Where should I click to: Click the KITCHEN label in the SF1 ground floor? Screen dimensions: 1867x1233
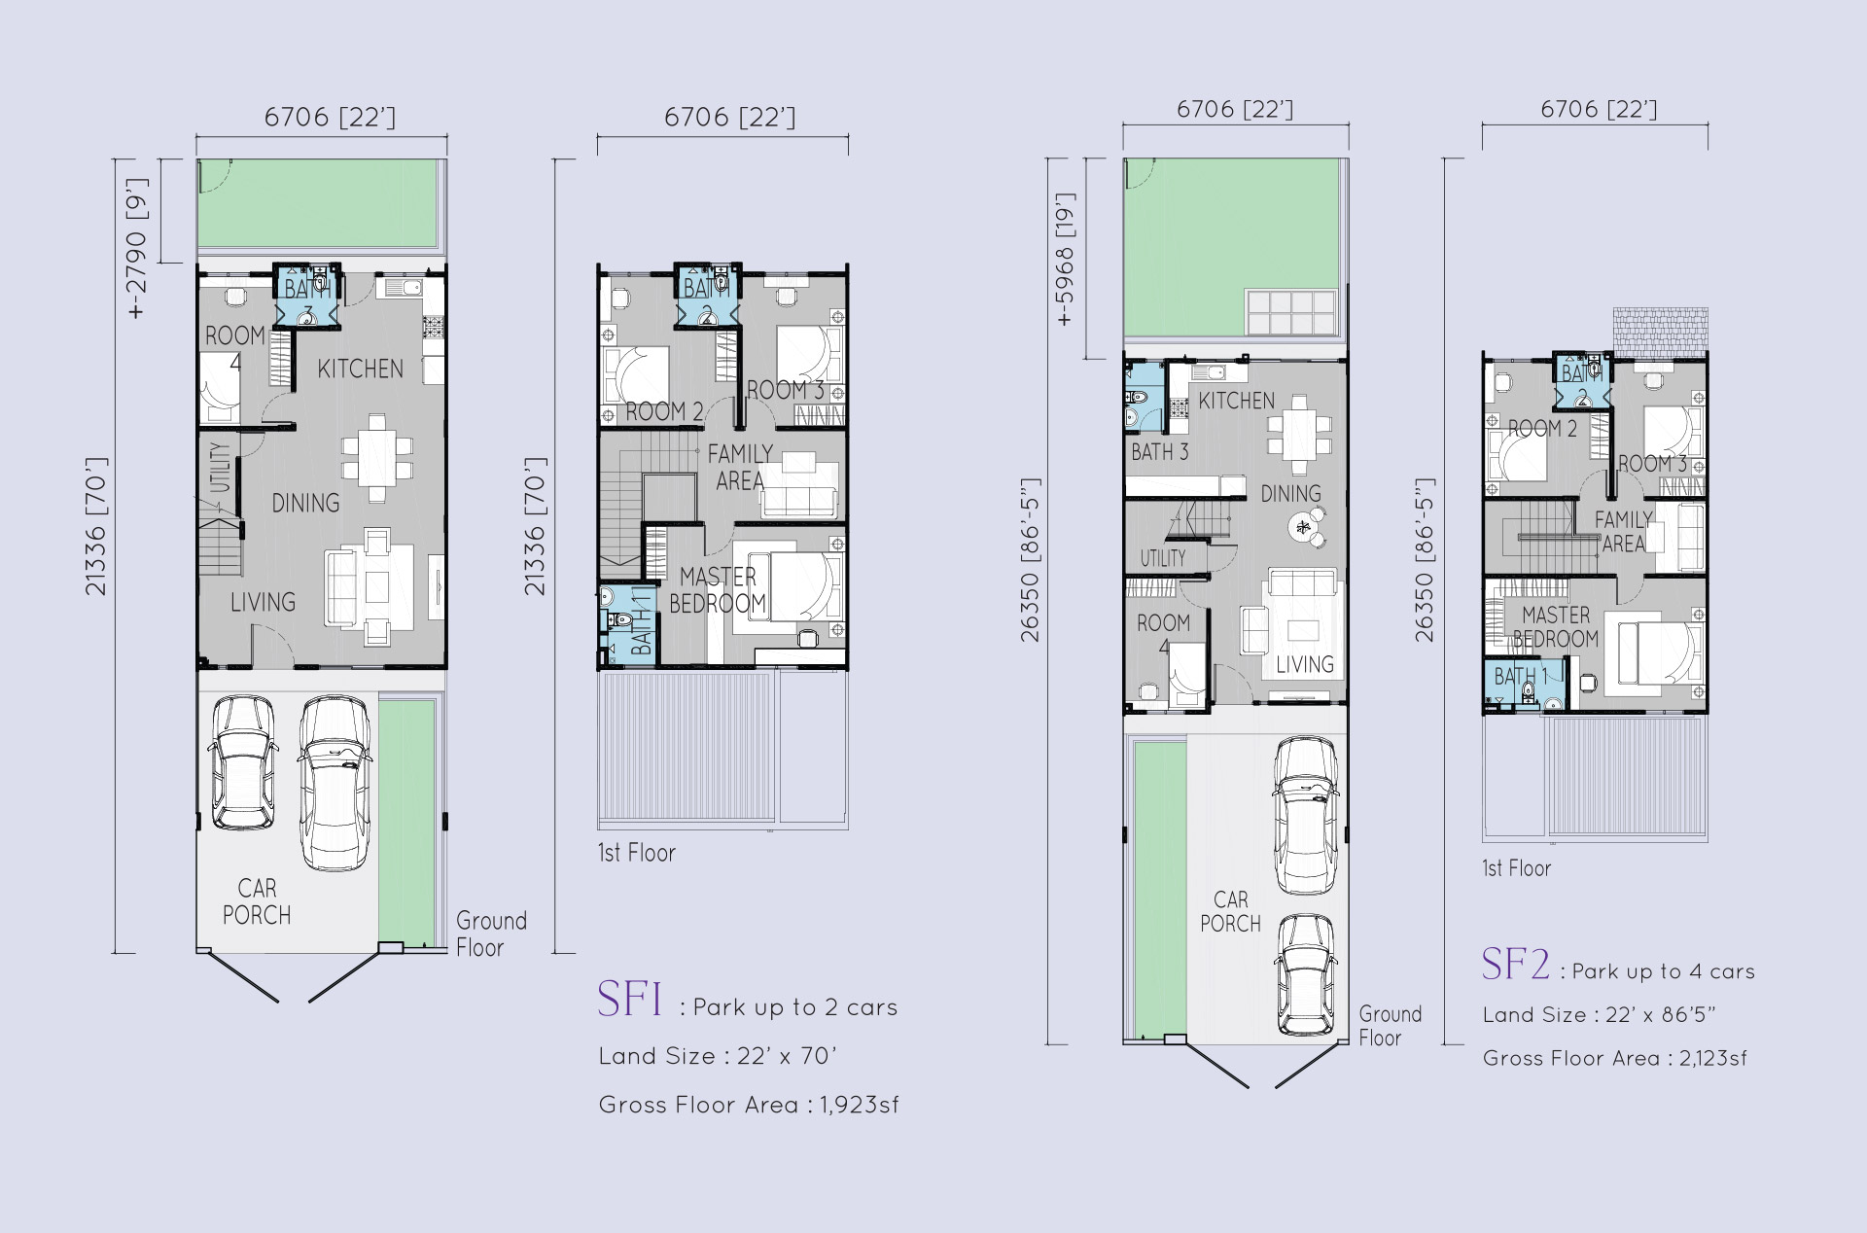pyautogui.click(x=360, y=369)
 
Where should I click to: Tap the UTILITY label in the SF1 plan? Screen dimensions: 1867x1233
pyautogui.click(x=221, y=468)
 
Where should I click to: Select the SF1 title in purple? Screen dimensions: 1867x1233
pyautogui.click(x=629, y=1000)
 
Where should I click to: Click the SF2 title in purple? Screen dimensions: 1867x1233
pyautogui.click(x=1515, y=964)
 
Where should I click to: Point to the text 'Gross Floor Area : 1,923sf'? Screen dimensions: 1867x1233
pyautogui.click(x=749, y=1105)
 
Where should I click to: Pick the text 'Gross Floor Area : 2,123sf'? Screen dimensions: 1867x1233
pyautogui.click(x=1614, y=1058)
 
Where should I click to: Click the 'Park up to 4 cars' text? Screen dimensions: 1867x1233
pyautogui.click(x=1664, y=971)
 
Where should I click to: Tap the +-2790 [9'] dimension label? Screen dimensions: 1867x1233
pyautogui.click(x=137, y=249)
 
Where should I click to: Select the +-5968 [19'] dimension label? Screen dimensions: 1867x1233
pyautogui.click(x=1065, y=260)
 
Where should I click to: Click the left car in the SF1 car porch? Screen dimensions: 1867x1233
pyautogui.click(x=241, y=762)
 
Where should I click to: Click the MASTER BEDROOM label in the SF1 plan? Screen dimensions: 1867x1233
pyautogui.click(x=718, y=590)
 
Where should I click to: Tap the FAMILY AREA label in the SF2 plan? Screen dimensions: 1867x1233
pyautogui.click(x=1623, y=532)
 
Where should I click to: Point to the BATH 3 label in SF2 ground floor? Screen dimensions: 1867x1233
pyautogui.click(x=1159, y=452)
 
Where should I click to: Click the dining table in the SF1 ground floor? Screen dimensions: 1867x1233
pyautogui.click(x=377, y=458)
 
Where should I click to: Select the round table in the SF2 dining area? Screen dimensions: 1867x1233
pyautogui.click(x=1304, y=528)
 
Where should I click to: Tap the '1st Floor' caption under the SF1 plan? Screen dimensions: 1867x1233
pyautogui.click(x=637, y=853)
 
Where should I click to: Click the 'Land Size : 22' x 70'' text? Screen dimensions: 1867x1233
pyautogui.click(x=718, y=1056)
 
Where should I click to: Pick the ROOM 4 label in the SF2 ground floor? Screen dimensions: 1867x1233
pyautogui.click(x=1163, y=634)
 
